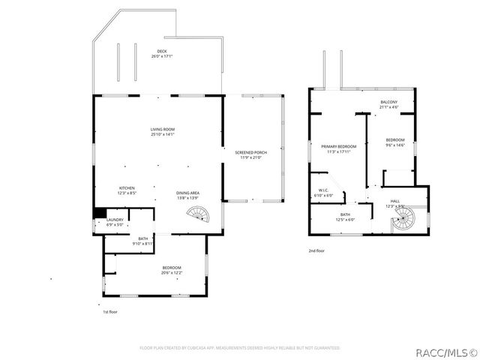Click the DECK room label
(x=162, y=53)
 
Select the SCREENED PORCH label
(x=253, y=154)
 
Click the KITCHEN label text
(x=127, y=190)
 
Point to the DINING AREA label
(x=187, y=195)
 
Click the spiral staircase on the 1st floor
(x=200, y=217)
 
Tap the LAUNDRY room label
(x=115, y=222)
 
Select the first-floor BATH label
(x=142, y=241)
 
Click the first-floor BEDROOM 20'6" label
(x=172, y=270)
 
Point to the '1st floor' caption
(x=110, y=311)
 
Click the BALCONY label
(x=388, y=104)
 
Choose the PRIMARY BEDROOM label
(x=338, y=148)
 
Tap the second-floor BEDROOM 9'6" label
(x=395, y=142)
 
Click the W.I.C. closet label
(x=323, y=193)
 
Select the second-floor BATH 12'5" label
(x=345, y=217)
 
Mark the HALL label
(x=394, y=203)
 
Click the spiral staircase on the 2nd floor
(x=403, y=220)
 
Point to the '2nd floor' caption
(x=316, y=251)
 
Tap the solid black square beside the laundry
(x=99, y=212)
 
